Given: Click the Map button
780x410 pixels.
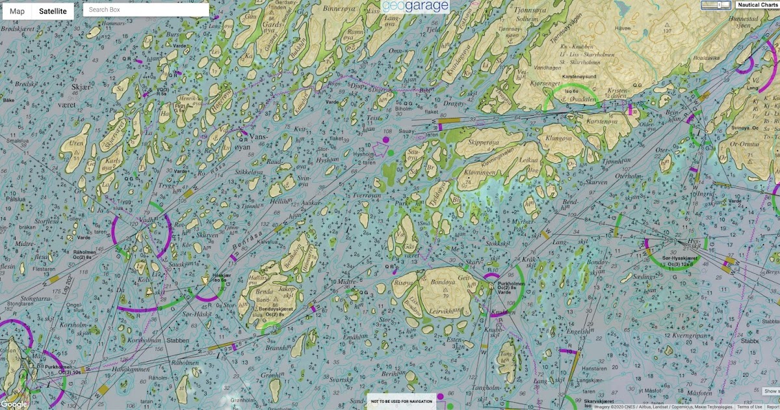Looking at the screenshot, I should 17,11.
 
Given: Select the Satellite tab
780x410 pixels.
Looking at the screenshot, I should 53,11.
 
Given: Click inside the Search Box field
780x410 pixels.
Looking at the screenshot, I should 146,10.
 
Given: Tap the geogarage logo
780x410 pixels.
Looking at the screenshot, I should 415,7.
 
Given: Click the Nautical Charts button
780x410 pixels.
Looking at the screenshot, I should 757,5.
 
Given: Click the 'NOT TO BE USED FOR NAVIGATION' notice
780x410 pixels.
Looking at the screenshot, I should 401,402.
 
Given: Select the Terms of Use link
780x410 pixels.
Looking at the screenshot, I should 749,407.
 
